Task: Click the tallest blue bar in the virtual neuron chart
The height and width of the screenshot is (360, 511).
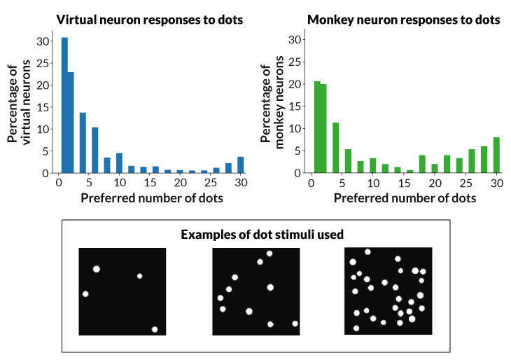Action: (x=64, y=105)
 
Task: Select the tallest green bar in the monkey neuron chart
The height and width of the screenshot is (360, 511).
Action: (x=317, y=127)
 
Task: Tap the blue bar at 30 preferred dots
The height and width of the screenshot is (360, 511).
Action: (x=241, y=165)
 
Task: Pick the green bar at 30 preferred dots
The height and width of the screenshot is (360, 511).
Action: (x=496, y=155)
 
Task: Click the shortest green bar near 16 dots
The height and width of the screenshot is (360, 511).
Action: (x=410, y=171)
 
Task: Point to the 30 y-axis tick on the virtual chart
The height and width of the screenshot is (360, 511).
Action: (x=43, y=41)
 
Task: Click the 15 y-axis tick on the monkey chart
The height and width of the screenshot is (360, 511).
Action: (x=295, y=106)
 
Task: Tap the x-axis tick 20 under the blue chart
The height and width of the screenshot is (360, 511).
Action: (x=180, y=183)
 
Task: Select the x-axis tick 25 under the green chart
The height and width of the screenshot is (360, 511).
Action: (x=465, y=183)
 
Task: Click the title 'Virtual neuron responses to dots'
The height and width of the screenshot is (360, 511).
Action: (x=150, y=20)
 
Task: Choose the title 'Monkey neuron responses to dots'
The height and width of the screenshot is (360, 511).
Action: (x=403, y=20)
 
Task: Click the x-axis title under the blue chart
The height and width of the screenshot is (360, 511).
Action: (x=152, y=198)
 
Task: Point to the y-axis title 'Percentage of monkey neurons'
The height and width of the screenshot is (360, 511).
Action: (x=272, y=103)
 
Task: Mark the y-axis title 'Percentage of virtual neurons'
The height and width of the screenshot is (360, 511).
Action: (x=19, y=102)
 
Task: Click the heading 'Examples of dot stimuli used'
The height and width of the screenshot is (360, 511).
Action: (x=262, y=235)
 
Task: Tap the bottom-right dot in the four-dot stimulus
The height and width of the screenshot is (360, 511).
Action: (x=155, y=329)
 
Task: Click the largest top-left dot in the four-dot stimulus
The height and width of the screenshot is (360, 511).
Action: (x=96, y=269)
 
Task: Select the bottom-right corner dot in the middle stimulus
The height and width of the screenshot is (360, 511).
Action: (x=295, y=324)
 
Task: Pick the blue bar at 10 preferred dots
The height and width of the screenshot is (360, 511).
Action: (x=119, y=163)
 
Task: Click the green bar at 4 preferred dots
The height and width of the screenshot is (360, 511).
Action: (x=336, y=148)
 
